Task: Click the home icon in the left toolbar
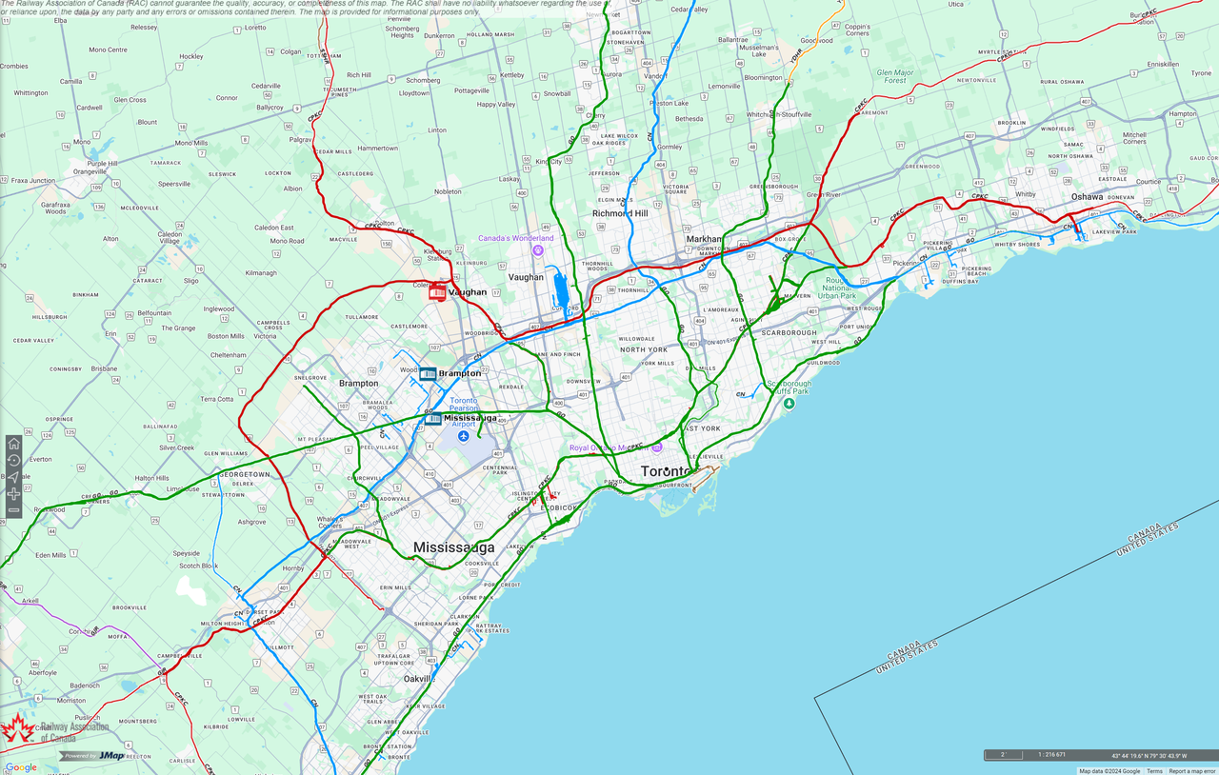(13, 444)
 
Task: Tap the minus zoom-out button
(13, 511)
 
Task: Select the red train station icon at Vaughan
(437, 292)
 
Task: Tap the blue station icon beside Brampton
(428, 373)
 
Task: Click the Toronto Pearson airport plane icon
(463, 436)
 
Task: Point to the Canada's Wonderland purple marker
(538, 250)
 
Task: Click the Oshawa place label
(1087, 197)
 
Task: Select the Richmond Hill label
(620, 213)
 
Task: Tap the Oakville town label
(419, 679)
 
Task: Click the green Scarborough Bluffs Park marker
(789, 404)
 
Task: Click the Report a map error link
(1191, 771)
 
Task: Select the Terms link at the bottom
(1154, 771)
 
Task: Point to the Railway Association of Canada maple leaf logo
(16, 730)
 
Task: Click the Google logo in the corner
(21, 767)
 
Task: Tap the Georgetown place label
(245, 474)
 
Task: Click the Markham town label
(704, 239)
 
